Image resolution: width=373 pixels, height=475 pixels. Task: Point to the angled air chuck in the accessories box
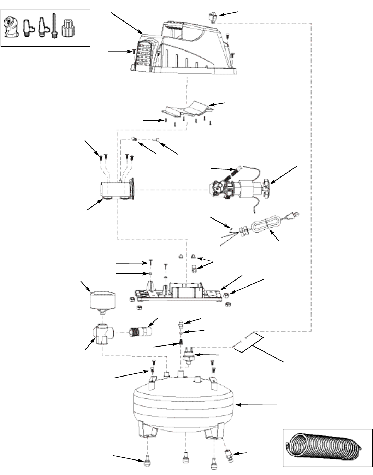tap(11, 28)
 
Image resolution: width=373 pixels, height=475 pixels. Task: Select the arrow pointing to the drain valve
tap(242, 453)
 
